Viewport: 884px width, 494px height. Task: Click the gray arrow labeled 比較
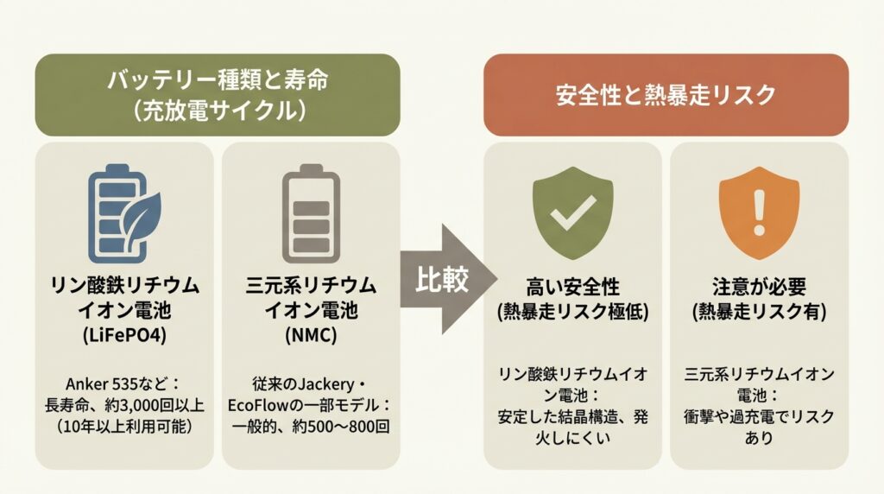tap(447, 279)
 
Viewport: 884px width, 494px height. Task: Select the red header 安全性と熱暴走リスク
tap(666, 95)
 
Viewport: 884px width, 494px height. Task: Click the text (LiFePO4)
tap(123, 332)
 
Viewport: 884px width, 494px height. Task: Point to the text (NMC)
tap(310, 332)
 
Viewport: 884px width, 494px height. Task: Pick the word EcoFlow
tap(261, 403)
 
